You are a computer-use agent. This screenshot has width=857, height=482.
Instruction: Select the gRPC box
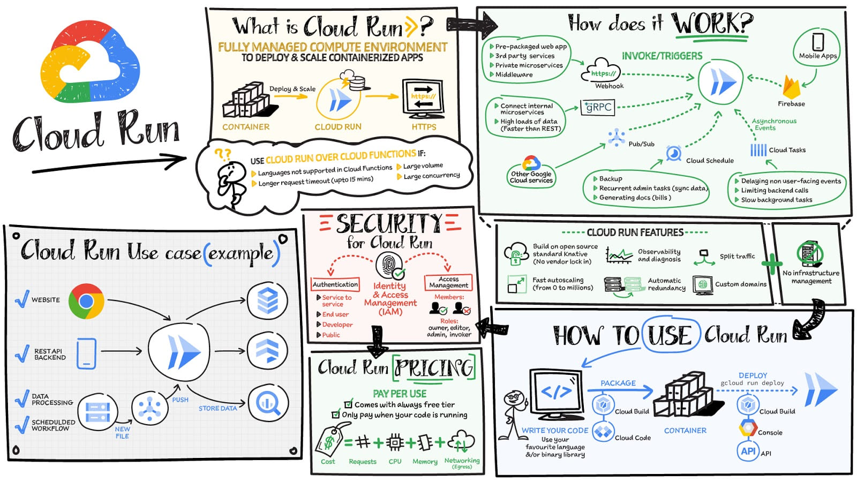(597, 107)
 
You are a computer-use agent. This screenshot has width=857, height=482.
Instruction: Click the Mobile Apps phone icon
(818, 42)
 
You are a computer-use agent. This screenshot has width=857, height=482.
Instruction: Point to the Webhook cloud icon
(604, 72)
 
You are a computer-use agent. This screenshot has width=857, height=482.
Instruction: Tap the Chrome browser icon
(86, 301)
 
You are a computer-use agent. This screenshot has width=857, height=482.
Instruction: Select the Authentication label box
(335, 284)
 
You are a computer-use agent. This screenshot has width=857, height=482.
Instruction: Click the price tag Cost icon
(329, 441)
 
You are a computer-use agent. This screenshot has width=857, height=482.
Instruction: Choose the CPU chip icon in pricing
(395, 443)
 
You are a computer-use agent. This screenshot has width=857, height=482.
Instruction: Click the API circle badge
(748, 451)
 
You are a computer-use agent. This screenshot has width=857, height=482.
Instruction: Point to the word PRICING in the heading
(434, 368)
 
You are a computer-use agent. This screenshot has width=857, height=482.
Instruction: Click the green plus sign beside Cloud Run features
(772, 263)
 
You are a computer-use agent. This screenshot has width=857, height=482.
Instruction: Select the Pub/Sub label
(641, 144)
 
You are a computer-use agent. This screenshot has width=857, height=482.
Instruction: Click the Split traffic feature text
(737, 257)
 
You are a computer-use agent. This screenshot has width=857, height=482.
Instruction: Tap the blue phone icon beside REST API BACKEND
(86, 353)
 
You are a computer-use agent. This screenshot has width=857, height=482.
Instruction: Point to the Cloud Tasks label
(787, 150)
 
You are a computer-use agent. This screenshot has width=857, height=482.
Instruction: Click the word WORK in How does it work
(712, 24)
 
